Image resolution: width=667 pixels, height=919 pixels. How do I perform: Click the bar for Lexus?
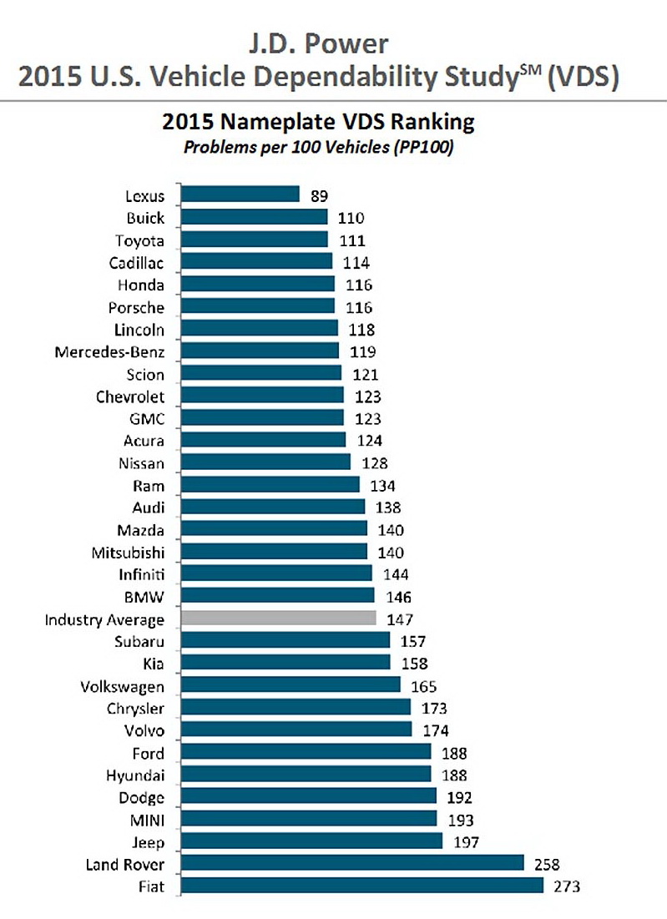click(240, 195)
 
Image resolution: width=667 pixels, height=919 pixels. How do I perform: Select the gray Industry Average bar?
click(279, 619)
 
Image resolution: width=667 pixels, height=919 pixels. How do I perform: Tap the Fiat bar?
click(362, 886)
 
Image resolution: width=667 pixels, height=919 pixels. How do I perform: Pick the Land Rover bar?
click(352, 863)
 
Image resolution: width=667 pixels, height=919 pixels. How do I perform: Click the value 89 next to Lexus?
click(319, 196)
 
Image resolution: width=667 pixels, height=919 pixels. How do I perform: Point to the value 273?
click(566, 886)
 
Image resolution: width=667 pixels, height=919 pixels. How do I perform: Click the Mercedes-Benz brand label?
click(110, 351)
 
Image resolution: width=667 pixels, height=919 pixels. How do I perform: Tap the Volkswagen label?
click(123, 687)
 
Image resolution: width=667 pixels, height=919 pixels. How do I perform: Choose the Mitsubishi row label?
click(127, 553)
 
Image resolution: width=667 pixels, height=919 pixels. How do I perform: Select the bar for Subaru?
click(285, 641)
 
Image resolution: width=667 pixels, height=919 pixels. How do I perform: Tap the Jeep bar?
click(312, 841)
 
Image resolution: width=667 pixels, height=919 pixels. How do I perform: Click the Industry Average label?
click(104, 620)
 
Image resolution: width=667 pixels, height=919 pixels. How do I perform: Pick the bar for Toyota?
click(255, 240)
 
